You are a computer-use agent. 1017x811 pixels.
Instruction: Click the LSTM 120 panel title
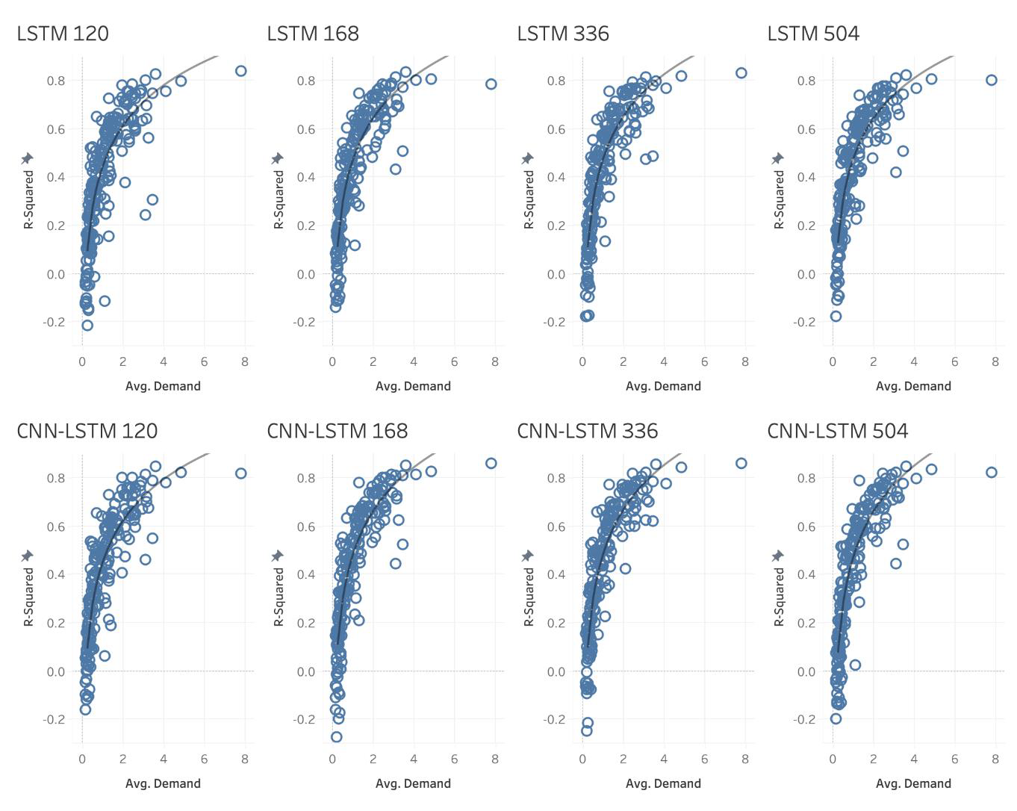(x=63, y=34)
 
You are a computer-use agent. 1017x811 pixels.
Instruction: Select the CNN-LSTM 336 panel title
(x=587, y=431)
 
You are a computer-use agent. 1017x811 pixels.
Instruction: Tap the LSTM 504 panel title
(x=813, y=34)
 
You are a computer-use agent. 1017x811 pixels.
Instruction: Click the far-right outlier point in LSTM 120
(x=240, y=71)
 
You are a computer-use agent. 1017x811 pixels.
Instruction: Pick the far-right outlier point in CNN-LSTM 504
(x=992, y=472)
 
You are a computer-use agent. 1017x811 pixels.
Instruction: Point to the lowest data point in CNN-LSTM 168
(x=336, y=736)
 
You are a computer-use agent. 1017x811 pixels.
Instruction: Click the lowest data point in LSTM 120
(x=87, y=325)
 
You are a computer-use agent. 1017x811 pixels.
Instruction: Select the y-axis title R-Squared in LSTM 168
(x=279, y=199)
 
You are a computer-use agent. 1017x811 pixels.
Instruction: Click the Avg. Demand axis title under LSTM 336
(x=663, y=386)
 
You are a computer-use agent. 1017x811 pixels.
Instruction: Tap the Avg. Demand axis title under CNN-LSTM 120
(x=163, y=783)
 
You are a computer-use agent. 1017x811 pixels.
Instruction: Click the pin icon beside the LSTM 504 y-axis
(x=777, y=158)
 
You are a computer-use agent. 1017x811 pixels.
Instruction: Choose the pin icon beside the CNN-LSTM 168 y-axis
(x=277, y=556)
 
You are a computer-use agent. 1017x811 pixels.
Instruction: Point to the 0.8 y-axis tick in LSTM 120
(x=56, y=80)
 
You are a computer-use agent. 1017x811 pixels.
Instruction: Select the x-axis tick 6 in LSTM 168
(x=454, y=361)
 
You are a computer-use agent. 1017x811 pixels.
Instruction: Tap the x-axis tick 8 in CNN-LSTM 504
(x=995, y=759)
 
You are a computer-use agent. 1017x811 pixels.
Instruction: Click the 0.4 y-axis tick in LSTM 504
(x=806, y=177)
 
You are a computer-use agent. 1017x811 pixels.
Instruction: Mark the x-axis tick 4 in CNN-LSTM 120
(x=164, y=759)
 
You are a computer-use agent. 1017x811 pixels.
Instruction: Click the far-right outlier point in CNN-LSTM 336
(x=741, y=463)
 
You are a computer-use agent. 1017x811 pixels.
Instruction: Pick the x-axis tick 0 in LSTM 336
(x=582, y=361)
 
